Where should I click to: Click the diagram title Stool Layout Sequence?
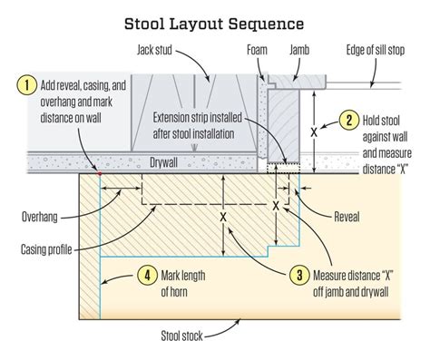(x=214, y=19)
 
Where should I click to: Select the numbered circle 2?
(x=347, y=120)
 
